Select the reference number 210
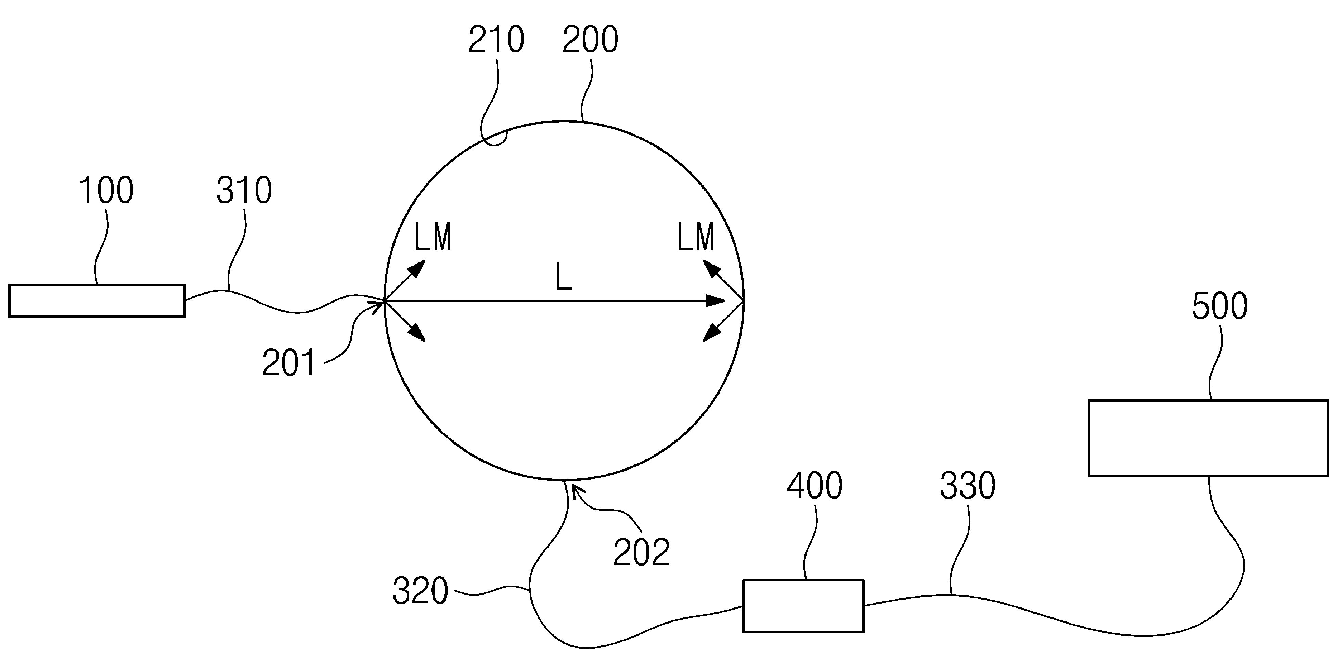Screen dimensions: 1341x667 click(496, 40)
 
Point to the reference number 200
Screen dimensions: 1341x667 click(590, 40)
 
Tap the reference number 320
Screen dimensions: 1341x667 click(420, 591)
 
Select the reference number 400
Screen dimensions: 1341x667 click(815, 486)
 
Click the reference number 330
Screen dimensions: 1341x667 click(968, 486)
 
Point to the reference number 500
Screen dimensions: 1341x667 click(1220, 306)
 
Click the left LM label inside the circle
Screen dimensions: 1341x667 click(433, 238)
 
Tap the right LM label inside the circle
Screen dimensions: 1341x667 click(696, 238)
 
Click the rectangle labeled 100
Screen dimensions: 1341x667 click(97, 300)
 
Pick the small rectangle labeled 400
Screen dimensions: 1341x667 click(803, 606)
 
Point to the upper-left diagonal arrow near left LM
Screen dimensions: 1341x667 click(404, 280)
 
